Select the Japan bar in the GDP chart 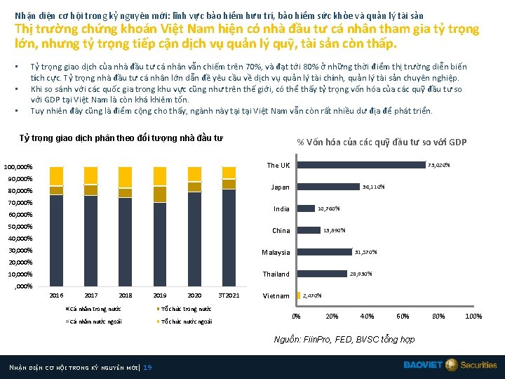coord(328,187)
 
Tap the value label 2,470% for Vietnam coord(312,295)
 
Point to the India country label coord(281,209)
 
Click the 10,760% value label coord(329,208)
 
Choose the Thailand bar coord(321,274)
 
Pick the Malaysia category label coord(276,253)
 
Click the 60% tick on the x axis coord(403,317)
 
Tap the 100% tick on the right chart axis coord(473,317)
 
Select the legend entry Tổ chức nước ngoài coord(184,322)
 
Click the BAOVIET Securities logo coord(450,365)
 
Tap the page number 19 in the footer coord(147,368)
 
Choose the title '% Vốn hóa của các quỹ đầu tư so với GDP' coord(382,142)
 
